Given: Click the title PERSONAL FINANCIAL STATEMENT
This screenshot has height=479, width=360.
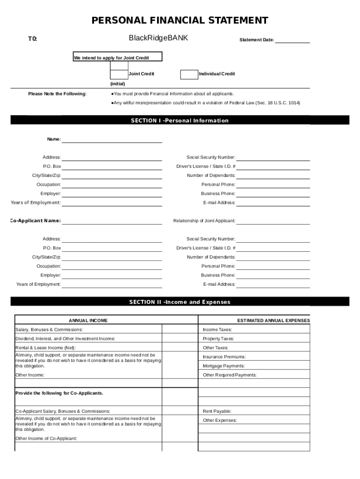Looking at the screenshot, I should tap(180, 21).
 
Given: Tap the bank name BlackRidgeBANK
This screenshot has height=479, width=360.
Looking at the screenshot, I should tap(158, 38).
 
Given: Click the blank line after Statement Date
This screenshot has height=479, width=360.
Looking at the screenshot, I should tap(292, 40).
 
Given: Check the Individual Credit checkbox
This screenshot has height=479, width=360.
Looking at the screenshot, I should tap(189, 74).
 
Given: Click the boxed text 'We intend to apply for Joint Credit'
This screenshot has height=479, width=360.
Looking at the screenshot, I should tap(117, 57).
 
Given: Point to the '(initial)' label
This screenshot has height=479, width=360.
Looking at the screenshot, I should tap(117, 84).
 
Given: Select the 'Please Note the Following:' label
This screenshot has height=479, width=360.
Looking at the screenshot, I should tap(57, 94).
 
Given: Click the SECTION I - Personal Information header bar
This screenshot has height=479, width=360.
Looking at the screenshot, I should tap(180, 121).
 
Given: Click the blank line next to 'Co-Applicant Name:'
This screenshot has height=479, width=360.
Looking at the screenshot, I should tap(112, 221).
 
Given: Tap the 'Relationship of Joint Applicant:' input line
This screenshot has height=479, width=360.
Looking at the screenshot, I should tap(273, 221).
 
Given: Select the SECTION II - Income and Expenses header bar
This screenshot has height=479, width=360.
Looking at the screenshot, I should tap(180, 302).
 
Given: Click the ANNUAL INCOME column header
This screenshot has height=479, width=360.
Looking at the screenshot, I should tap(88, 320).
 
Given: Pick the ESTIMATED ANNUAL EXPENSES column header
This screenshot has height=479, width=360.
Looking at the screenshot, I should tap(273, 320).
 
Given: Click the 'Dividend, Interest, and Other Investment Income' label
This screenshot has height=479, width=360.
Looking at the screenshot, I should tap(65, 339).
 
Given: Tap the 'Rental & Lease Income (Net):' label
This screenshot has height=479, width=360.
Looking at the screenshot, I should tap(45, 348).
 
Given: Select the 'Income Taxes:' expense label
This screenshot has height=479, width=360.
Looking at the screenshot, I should tap(217, 330).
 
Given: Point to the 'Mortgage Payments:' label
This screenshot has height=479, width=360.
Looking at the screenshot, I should tap(223, 366).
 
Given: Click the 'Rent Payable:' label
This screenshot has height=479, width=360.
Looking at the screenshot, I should tap(217, 411).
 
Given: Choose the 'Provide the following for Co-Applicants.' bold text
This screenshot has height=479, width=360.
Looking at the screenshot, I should tap(59, 393).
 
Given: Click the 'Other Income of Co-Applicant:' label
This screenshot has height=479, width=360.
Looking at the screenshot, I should tap(46, 438).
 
